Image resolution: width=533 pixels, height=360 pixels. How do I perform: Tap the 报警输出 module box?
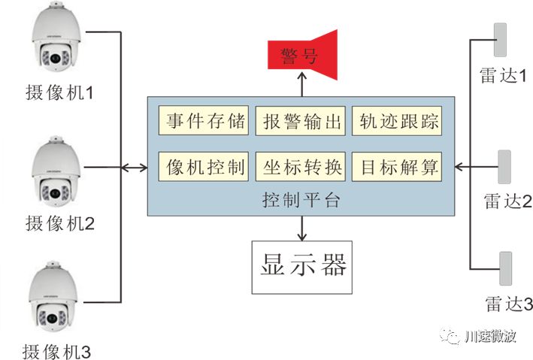point(301,122)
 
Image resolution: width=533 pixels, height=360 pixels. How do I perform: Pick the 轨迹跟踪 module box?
point(398,122)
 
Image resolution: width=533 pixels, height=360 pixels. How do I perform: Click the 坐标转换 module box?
point(301,166)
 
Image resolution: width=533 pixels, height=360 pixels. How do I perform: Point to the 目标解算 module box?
point(398,166)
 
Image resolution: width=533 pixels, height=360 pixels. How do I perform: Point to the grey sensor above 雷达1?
point(500,38)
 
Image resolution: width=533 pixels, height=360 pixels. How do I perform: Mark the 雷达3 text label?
point(508,304)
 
